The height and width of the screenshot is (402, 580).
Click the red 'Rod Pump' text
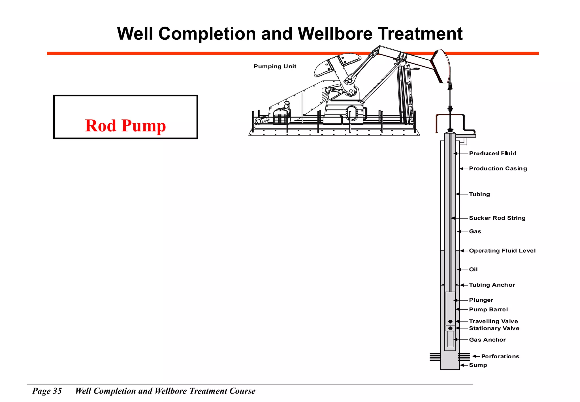coord(125,126)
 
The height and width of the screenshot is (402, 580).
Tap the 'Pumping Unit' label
coord(275,66)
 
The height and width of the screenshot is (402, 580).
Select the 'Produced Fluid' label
coord(492,153)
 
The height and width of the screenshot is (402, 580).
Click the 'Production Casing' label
coord(498,168)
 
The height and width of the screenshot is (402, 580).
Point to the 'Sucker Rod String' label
coord(497,218)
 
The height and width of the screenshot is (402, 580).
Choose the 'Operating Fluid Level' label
coord(502,251)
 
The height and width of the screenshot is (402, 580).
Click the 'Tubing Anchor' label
coord(492,285)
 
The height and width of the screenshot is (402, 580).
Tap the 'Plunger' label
coord(481,300)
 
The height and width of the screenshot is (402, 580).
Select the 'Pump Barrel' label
coord(488,309)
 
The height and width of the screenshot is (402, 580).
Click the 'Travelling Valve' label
coord(493,321)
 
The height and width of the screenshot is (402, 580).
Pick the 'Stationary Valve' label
coord(494,328)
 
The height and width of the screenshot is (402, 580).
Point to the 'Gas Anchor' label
coord(487,340)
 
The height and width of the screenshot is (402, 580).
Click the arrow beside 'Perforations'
coord(476,356)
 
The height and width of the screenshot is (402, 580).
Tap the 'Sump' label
coord(478,365)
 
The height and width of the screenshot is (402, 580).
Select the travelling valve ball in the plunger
coord(450,321)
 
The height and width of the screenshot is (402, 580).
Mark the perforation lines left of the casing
coord(435,357)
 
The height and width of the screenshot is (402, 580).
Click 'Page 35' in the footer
coord(47,391)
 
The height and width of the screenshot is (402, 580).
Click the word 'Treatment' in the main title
coord(420,34)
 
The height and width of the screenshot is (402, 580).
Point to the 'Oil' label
coord(473,270)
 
